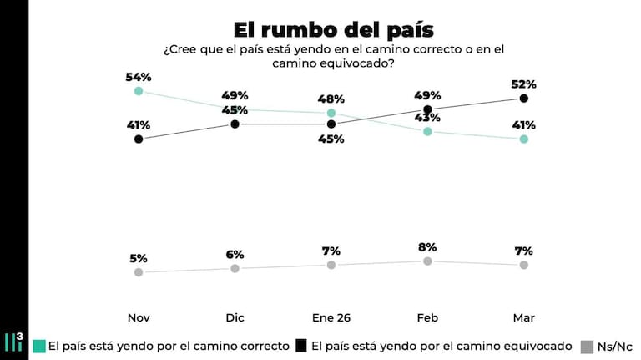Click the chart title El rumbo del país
(332, 30)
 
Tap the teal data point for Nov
(139, 91)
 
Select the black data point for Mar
(524, 99)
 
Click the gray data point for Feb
(427, 261)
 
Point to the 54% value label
(139, 77)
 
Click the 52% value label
(524, 84)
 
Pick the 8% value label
(428, 247)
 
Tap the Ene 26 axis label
(331, 318)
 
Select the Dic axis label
(235, 318)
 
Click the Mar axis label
(524, 318)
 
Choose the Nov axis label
(139, 318)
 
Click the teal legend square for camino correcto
(38, 346)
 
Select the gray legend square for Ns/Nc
(588, 346)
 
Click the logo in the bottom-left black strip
(14, 341)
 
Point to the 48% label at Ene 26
(331, 98)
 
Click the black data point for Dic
(235, 124)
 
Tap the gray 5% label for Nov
(139, 257)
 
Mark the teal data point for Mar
(524, 139)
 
